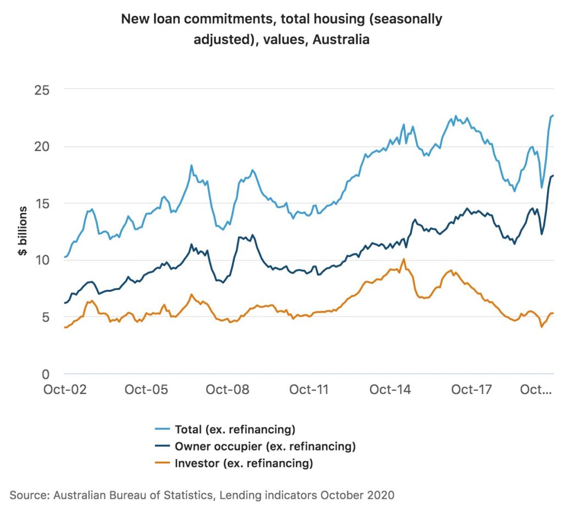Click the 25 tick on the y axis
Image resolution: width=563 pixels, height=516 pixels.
(x=42, y=89)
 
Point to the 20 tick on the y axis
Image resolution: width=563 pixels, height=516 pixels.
(x=42, y=146)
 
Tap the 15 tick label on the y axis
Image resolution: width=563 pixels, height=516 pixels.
(x=42, y=203)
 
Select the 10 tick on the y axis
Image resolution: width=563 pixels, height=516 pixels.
(x=42, y=260)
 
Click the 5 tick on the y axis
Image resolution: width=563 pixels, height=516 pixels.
(x=46, y=317)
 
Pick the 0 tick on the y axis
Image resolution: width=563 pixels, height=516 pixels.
(x=46, y=374)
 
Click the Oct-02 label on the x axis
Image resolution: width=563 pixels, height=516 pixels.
(x=65, y=390)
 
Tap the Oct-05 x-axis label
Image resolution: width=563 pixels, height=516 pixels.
(x=146, y=390)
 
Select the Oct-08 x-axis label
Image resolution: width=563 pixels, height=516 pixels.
(x=228, y=390)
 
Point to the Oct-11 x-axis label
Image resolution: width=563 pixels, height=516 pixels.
(x=308, y=390)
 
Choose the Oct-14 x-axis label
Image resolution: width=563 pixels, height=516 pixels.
(x=390, y=390)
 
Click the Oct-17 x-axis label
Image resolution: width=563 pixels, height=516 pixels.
(x=471, y=390)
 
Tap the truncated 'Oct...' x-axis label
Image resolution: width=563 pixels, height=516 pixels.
(x=536, y=390)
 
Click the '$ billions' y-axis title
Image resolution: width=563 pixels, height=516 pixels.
(x=23, y=231)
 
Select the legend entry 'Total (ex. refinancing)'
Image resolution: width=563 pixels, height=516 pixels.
(x=235, y=429)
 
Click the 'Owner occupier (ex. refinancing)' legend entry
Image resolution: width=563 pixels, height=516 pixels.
(x=265, y=446)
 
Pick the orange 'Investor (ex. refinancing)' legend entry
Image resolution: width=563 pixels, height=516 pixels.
(x=244, y=463)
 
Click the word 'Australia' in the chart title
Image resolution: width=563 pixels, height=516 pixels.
(x=341, y=40)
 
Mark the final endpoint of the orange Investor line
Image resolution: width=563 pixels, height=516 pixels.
(x=553, y=313)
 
